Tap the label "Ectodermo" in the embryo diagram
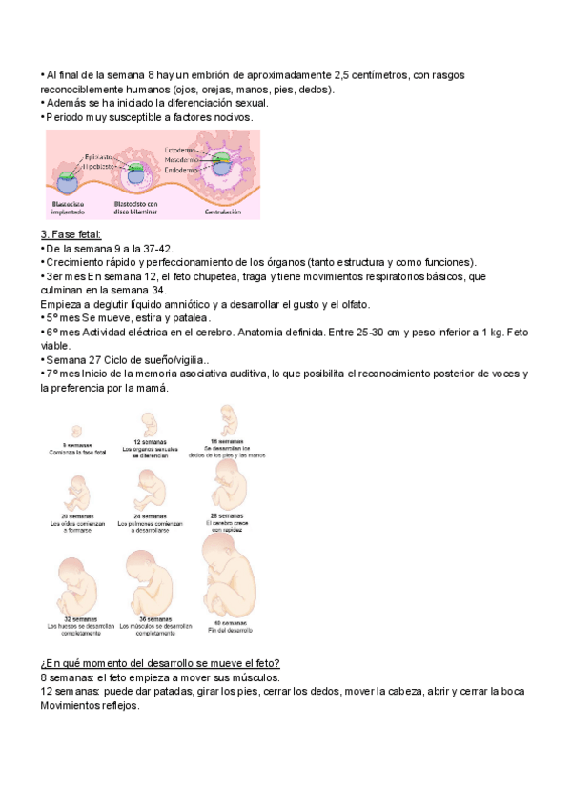tap(180, 151)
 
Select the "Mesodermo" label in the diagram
tap(182, 160)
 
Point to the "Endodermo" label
tap(181, 170)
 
